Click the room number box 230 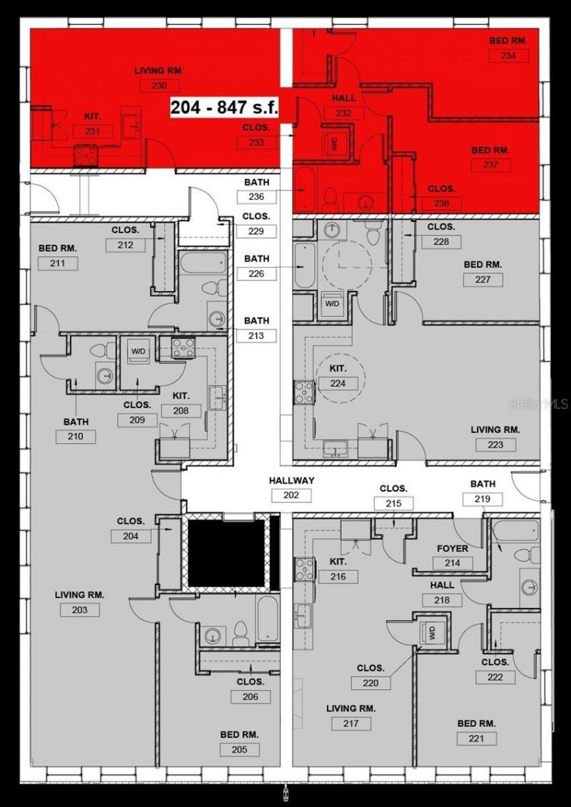159,86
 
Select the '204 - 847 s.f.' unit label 223,108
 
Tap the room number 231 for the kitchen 92,131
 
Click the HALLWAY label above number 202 291,481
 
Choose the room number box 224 338,383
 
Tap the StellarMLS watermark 538,404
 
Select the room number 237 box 491,165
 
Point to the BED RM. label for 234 508,41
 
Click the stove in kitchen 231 86,154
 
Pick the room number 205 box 239,749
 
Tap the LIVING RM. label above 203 80,594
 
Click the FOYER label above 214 453,549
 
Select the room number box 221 476,738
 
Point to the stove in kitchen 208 183,347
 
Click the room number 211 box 58,263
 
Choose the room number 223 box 495,445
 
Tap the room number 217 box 350,724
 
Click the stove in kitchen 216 305,568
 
